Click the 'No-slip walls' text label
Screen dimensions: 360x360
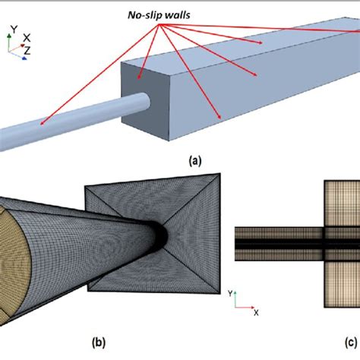[159, 15]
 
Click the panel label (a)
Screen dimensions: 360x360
[195, 161]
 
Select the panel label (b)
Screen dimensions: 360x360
[99, 343]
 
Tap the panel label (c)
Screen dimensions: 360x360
[351, 343]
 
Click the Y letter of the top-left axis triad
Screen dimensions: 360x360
[14, 30]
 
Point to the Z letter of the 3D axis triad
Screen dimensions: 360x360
[27, 50]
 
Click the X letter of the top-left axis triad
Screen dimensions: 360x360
[27, 38]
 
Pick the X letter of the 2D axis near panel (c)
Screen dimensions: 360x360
[256, 313]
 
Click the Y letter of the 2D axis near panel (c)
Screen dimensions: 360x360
[230, 293]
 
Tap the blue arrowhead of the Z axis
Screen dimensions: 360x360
[24, 58]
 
